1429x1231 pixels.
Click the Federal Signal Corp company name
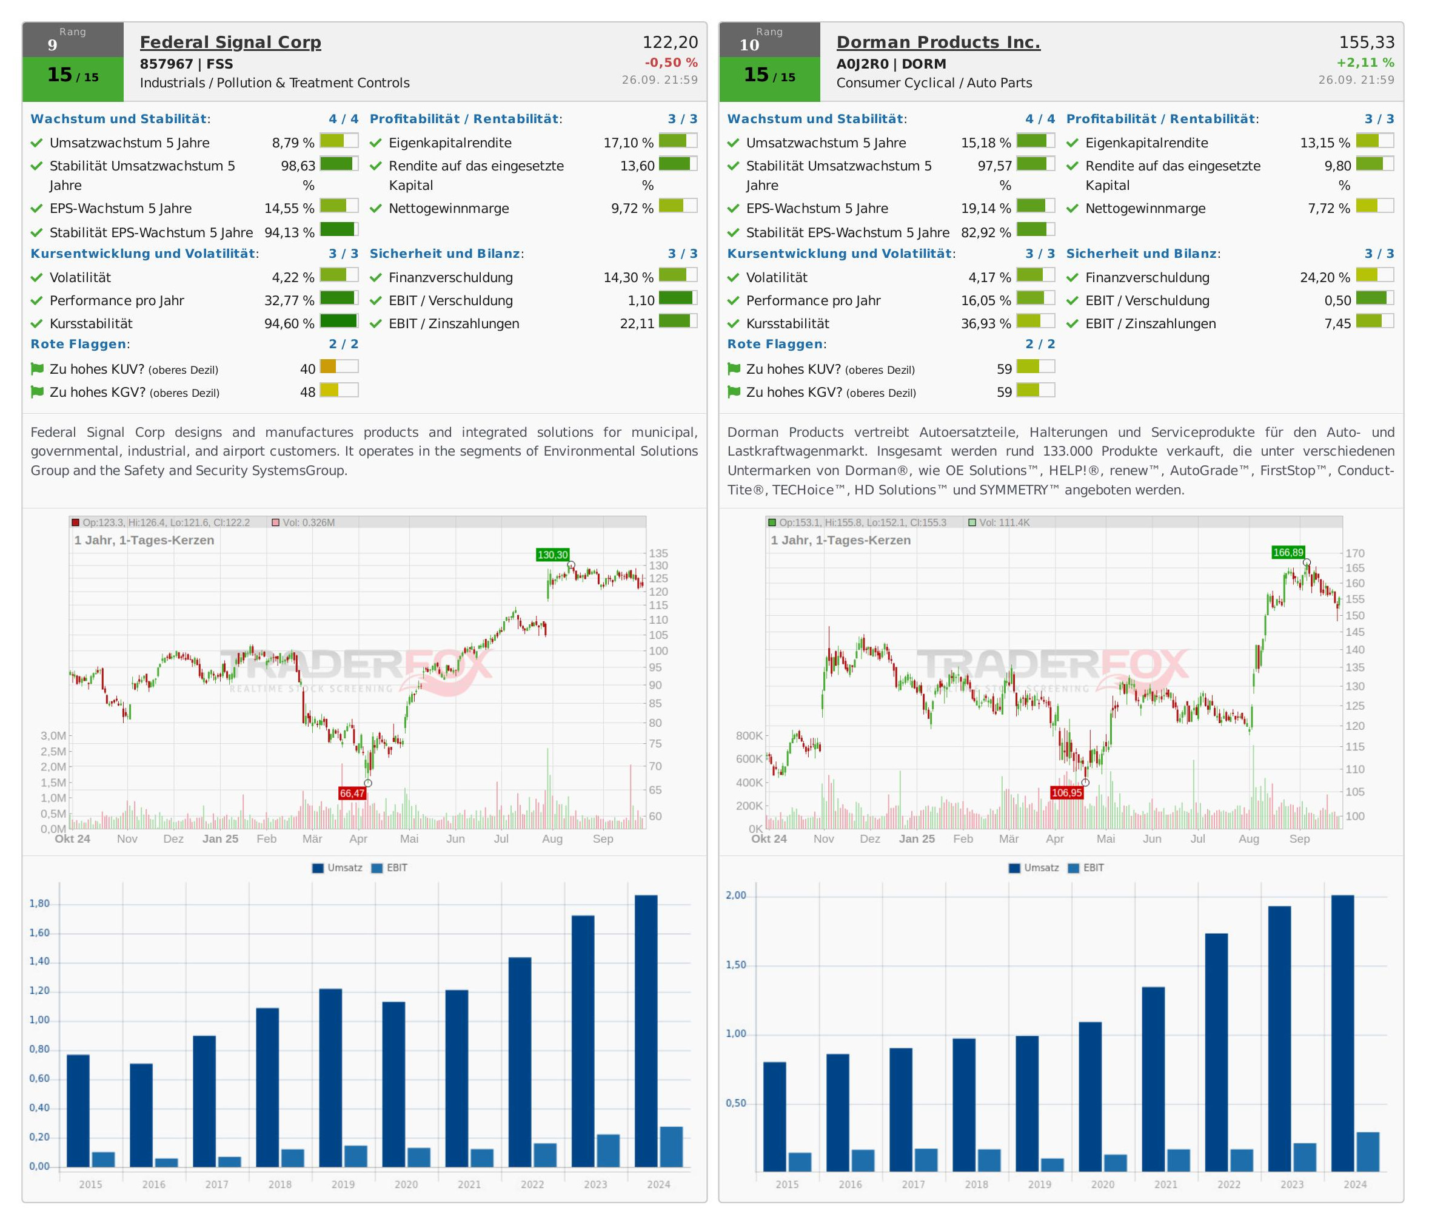click(x=230, y=43)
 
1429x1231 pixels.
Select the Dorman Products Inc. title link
click(x=938, y=43)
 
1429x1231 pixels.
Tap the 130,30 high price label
click(x=552, y=555)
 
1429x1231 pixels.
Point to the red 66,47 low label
click(x=352, y=794)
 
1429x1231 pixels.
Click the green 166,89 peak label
click(x=1288, y=553)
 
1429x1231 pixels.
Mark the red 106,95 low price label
click(x=1066, y=793)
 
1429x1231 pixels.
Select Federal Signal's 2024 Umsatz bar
click(x=646, y=1031)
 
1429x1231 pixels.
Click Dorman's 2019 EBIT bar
click(x=1053, y=1164)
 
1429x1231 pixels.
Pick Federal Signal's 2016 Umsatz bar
click(x=141, y=1115)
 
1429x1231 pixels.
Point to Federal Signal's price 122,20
click(x=670, y=43)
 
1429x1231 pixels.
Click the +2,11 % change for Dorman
click(x=1365, y=62)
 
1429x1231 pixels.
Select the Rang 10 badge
click(x=769, y=40)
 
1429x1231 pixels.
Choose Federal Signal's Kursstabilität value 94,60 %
click(x=289, y=323)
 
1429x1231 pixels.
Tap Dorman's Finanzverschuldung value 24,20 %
click(x=1325, y=278)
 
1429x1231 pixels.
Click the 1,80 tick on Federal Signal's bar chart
click(x=39, y=904)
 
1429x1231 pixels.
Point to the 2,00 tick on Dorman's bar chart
click(x=736, y=895)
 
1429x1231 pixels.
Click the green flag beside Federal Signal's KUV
click(x=37, y=369)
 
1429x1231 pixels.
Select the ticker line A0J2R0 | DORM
click(x=891, y=64)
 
